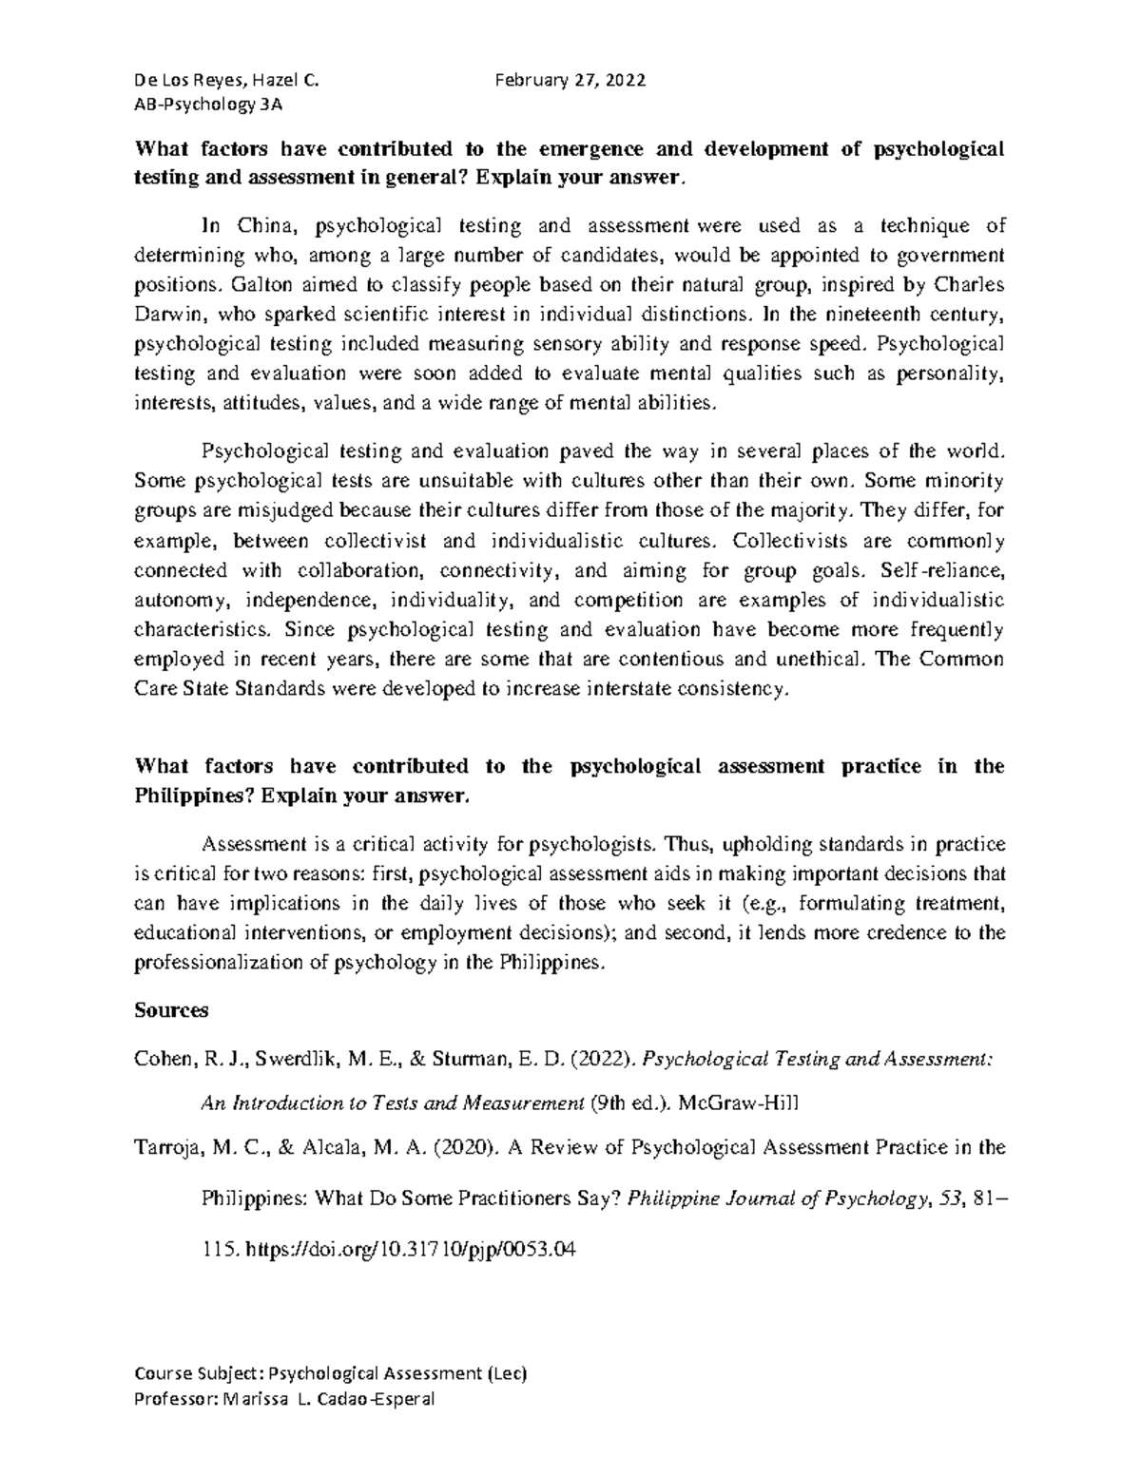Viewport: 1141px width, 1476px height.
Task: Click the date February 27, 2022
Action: pyautogui.click(x=570, y=81)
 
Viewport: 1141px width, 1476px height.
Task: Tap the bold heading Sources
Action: pyautogui.click(x=171, y=1010)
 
